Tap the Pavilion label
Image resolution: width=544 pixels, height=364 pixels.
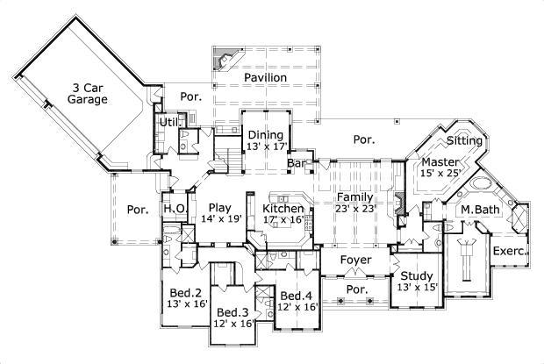(x=266, y=78)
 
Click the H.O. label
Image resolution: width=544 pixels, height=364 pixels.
(x=173, y=208)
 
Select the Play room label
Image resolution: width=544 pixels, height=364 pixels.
(x=219, y=207)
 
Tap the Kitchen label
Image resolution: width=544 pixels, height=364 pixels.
(x=284, y=209)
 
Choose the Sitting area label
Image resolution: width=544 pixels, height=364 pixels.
(x=463, y=140)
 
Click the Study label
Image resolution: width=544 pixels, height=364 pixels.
(x=416, y=275)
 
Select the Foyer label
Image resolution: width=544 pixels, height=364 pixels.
(x=355, y=261)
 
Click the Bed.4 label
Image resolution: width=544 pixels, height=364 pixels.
(x=297, y=296)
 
